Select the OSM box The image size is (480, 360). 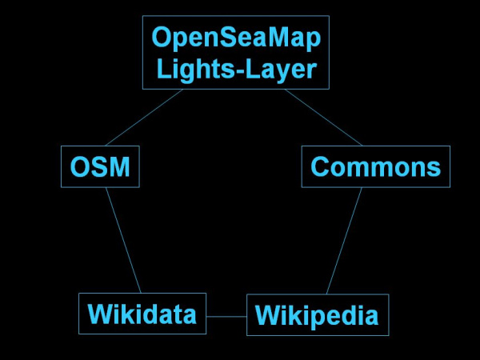pos(100,167)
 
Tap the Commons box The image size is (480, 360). pos(375,167)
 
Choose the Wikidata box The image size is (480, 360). pos(142,313)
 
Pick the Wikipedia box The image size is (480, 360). pos(317,316)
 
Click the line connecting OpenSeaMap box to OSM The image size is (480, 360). pos(144,118)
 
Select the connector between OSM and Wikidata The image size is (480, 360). pos(123,240)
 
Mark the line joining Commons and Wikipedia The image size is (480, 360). pos(344,240)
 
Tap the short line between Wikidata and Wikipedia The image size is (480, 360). pos(226,317)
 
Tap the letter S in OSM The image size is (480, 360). pos(98,167)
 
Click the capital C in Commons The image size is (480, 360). pos(320,167)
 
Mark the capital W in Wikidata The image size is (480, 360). pos(99,313)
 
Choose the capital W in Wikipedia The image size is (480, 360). pos(267,316)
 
